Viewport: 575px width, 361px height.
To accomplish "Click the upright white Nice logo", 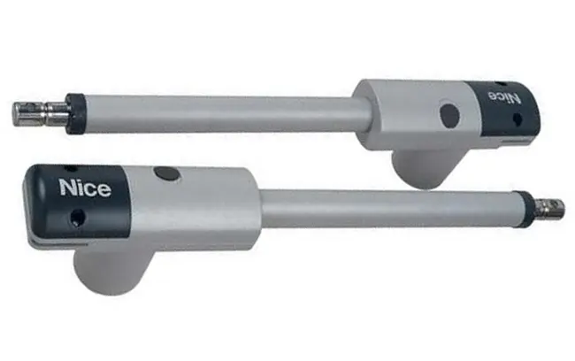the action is coord(85,188).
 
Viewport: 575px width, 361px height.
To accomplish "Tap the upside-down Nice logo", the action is coord(503,97).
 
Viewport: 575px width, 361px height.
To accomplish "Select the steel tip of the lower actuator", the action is coord(548,209).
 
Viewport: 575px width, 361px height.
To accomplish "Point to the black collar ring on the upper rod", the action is coord(75,114).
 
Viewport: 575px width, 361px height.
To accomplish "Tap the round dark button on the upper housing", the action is coord(449,115).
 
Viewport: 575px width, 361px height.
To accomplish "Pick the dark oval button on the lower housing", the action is coord(167,173).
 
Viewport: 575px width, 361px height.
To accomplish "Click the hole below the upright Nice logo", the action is coord(78,218).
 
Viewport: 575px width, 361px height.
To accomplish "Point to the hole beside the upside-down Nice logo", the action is coord(517,119).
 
